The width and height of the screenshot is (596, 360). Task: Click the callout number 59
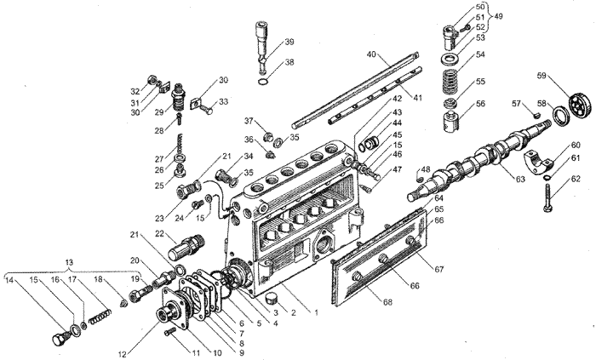(542, 76)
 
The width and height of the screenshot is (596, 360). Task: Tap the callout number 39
(289, 42)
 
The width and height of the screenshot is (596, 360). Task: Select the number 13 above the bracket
(69, 262)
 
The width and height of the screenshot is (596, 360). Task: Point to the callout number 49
(498, 16)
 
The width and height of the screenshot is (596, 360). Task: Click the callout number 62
(576, 179)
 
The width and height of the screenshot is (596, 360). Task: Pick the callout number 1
(316, 313)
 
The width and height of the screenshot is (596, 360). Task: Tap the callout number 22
(160, 233)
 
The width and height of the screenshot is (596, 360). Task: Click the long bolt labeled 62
(547, 197)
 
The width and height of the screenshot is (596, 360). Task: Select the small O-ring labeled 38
(263, 83)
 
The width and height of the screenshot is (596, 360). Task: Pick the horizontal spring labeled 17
(100, 317)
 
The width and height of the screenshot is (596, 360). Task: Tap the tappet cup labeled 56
(451, 120)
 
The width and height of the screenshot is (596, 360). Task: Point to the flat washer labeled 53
(450, 60)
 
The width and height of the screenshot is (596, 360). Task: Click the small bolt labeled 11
(169, 333)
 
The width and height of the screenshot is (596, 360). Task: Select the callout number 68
(387, 302)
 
